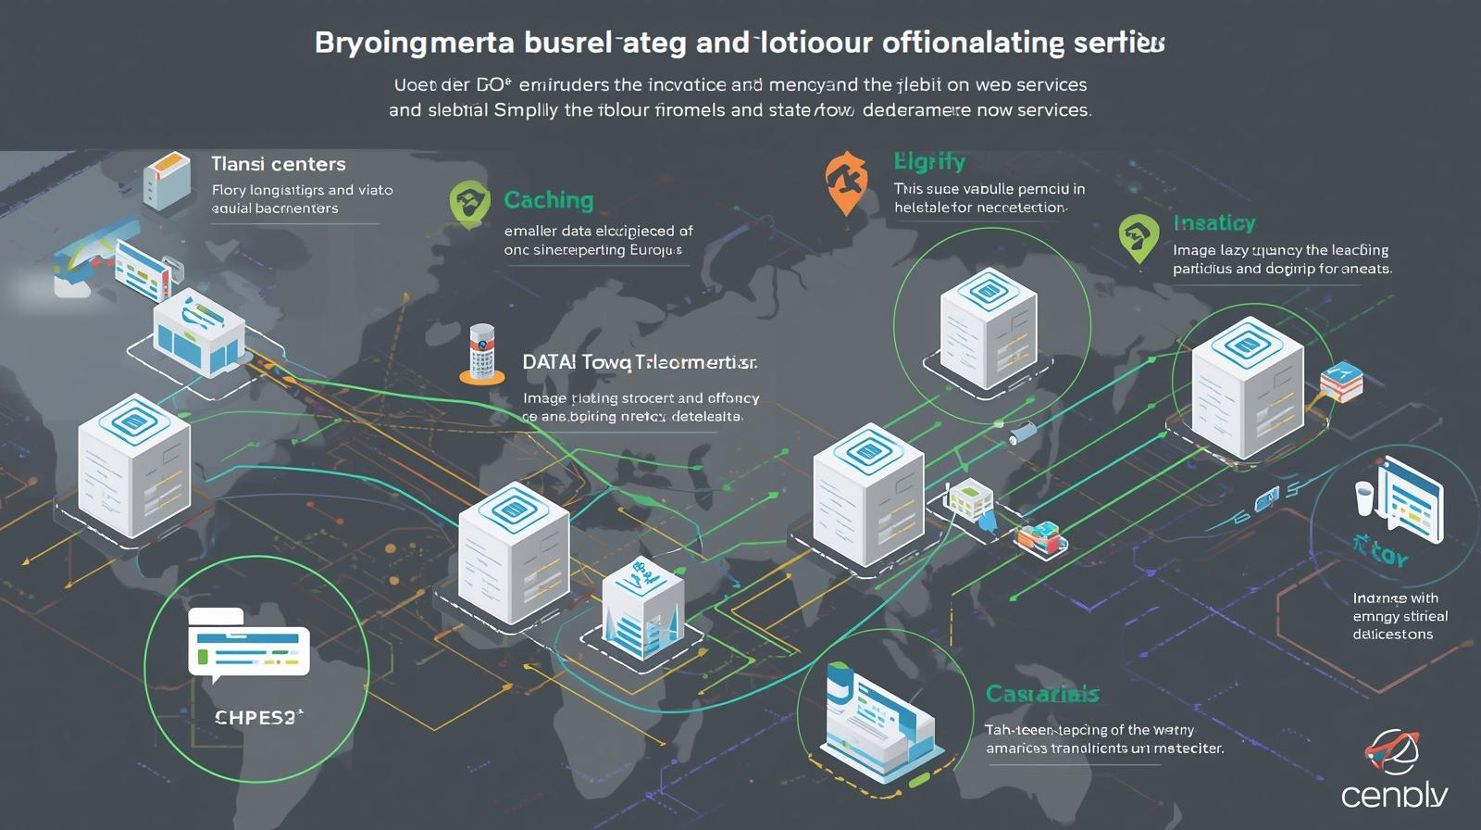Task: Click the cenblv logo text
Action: pyautogui.click(x=1394, y=795)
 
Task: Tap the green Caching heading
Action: pyautogui.click(x=549, y=200)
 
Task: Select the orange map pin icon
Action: pyautogui.click(x=846, y=182)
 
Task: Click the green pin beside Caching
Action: pyautogui.click(x=469, y=204)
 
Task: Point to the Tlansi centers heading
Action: pyautogui.click(x=278, y=164)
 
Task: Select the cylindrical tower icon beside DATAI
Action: pyautogui.click(x=482, y=353)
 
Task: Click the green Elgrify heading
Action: pyautogui.click(x=929, y=162)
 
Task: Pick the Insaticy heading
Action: pyautogui.click(x=1214, y=223)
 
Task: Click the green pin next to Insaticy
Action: pyautogui.click(x=1138, y=238)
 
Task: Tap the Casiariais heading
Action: pyautogui.click(x=1042, y=694)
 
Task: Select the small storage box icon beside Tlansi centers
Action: pyautogui.click(x=168, y=180)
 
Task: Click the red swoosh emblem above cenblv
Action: pyautogui.click(x=1392, y=751)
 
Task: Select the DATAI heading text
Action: pyautogui.click(x=549, y=362)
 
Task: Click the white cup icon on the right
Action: pyautogui.click(x=1364, y=497)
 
